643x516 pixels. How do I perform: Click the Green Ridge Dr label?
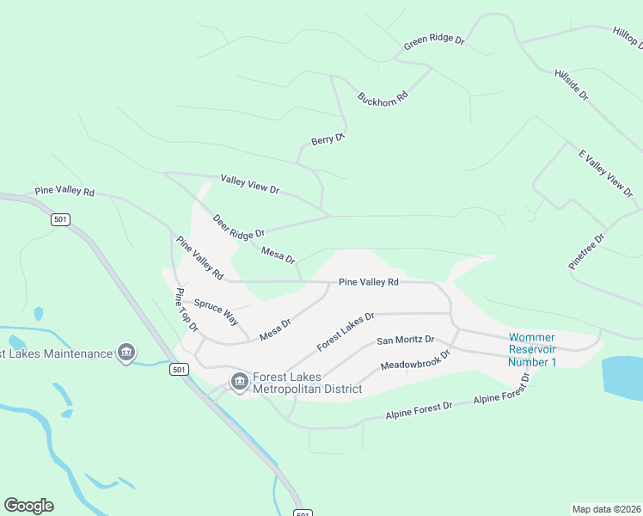coord(434,40)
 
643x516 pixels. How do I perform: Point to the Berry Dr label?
coord(328,139)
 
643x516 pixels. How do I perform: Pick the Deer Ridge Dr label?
coord(238,226)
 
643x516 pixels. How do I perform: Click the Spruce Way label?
coord(216,310)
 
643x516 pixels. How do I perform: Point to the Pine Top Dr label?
coord(187,310)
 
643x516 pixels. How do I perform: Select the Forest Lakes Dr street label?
coord(346,331)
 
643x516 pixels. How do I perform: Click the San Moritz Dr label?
coord(405,341)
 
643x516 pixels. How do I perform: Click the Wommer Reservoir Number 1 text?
coord(532,349)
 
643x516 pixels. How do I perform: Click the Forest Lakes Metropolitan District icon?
coord(239,380)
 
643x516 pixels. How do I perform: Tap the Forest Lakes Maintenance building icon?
coord(126,353)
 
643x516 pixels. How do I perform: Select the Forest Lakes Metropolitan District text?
coord(307,383)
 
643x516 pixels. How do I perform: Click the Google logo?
coord(28,506)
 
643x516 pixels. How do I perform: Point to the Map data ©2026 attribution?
coord(606,509)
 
